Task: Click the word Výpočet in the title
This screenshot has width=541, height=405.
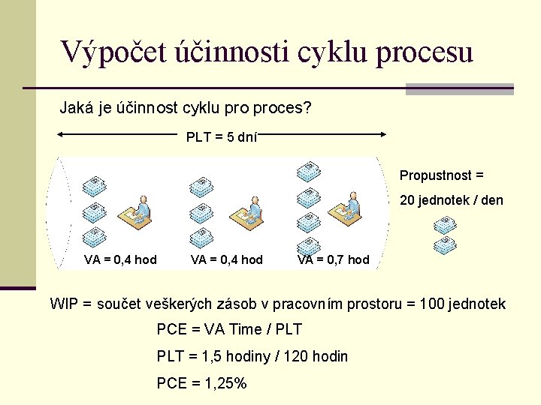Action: tap(105, 52)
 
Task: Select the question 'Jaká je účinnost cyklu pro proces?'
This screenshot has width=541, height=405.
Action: tap(185, 108)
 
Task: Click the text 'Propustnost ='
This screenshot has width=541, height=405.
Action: tap(442, 175)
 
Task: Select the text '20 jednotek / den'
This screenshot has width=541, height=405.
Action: tap(451, 200)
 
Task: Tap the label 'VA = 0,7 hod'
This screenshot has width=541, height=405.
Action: tap(334, 259)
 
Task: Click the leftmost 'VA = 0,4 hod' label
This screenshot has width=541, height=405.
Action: tap(120, 259)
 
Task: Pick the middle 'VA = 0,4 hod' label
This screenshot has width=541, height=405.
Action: tap(227, 259)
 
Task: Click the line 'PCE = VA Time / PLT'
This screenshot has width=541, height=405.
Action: tap(230, 329)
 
